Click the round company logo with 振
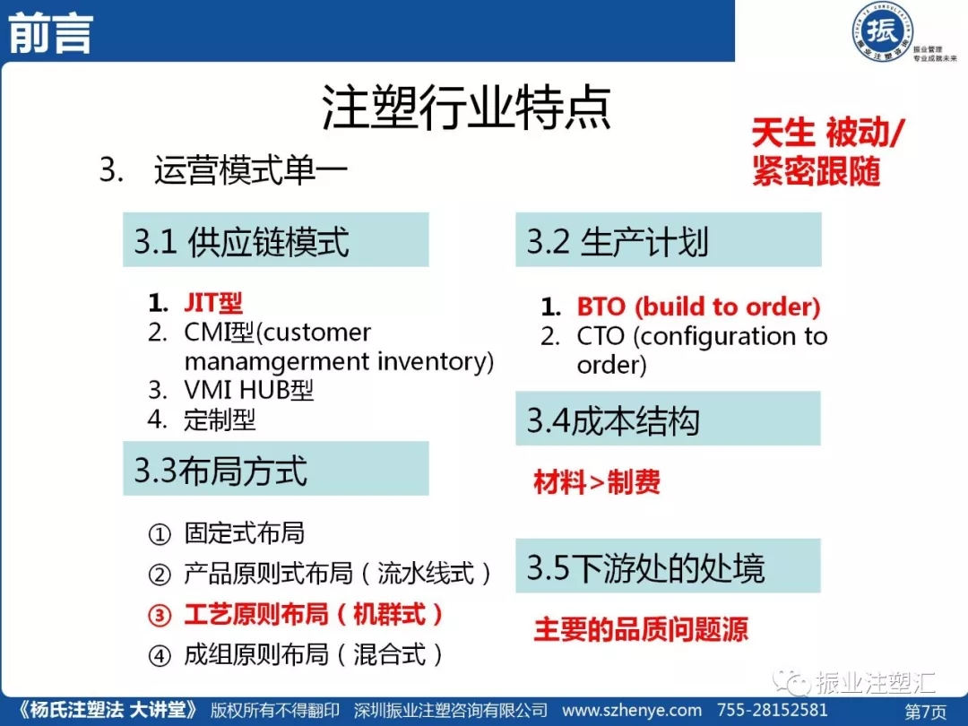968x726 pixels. [x=882, y=31]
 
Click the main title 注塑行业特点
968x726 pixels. [x=466, y=108]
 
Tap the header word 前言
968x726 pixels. [x=50, y=35]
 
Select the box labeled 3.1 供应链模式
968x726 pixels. [x=275, y=239]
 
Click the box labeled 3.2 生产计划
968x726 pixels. [x=668, y=239]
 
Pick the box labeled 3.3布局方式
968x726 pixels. [x=275, y=469]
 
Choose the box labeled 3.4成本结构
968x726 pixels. [x=668, y=419]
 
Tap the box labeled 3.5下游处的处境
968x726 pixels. [x=668, y=566]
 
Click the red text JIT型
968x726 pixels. [x=213, y=303]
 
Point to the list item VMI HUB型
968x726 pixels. [x=249, y=390]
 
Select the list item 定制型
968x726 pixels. [x=220, y=419]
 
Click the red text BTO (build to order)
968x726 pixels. [x=698, y=307]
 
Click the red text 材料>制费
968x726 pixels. [x=597, y=481]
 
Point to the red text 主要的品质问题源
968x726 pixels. [x=641, y=629]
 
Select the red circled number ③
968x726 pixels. [x=160, y=616]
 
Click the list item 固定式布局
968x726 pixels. [x=245, y=532]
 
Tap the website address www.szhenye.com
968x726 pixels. [x=632, y=710]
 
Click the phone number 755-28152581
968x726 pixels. [x=772, y=710]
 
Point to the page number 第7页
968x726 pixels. [x=925, y=711]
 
